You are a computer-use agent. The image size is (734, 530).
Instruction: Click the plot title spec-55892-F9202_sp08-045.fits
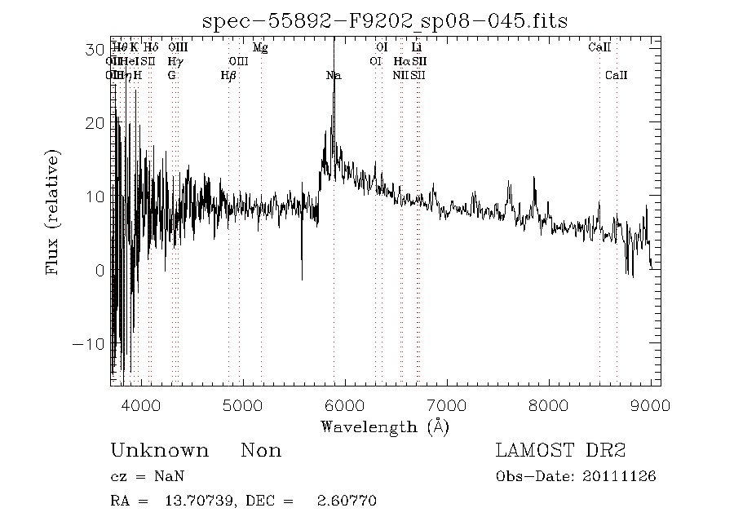click(x=385, y=20)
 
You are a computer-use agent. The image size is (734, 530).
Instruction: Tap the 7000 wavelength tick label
click(x=447, y=404)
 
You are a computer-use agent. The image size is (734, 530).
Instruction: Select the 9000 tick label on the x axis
click(x=651, y=404)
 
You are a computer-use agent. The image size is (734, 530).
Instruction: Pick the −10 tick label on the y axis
click(x=89, y=343)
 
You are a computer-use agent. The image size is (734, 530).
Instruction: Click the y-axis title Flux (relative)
click(x=54, y=212)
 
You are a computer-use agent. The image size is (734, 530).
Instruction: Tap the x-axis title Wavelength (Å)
click(x=385, y=426)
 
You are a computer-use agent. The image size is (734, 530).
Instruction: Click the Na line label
click(x=333, y=75)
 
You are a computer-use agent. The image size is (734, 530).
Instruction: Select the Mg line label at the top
click(x=260, y=47)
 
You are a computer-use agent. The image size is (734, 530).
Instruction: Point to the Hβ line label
click(x=228, y=75)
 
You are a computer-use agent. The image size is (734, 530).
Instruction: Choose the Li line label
click(x=416, y=47)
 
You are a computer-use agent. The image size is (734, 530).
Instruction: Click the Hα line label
click(x=401, y=61)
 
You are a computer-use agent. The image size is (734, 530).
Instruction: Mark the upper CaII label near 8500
click(x=599, y=47)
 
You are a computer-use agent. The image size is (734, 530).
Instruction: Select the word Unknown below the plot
click(x=159, y=451)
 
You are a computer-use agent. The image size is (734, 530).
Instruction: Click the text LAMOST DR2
click(x=560, y=451)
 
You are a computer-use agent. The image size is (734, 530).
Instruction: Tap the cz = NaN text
click(x=144, y=477)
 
